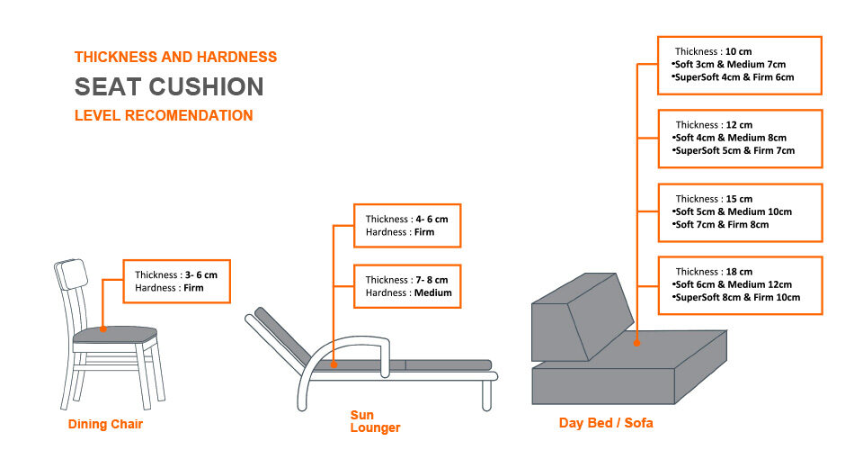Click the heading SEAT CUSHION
pos(169,87)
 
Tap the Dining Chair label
pos(105,424)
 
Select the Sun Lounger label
pos(375,421)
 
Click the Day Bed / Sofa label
pos(606,423)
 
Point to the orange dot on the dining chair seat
pos(102,328)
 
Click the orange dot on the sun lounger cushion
pos(334,364)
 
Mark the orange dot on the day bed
pos(636,343)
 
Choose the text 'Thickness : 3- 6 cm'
pos(176,274)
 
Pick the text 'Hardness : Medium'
pos(408,293)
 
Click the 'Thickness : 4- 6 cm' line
pos(406,220)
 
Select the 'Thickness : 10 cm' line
pos(713,52)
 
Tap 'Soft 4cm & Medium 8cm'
pos(729,138)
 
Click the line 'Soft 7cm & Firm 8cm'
pos(720,225)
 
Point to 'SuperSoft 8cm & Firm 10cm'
pos(736,297)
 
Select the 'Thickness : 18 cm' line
pos(714,272)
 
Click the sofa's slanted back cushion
pos(581,318)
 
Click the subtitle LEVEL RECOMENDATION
pos(164,116)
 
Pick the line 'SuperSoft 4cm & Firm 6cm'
pos(733,77)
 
